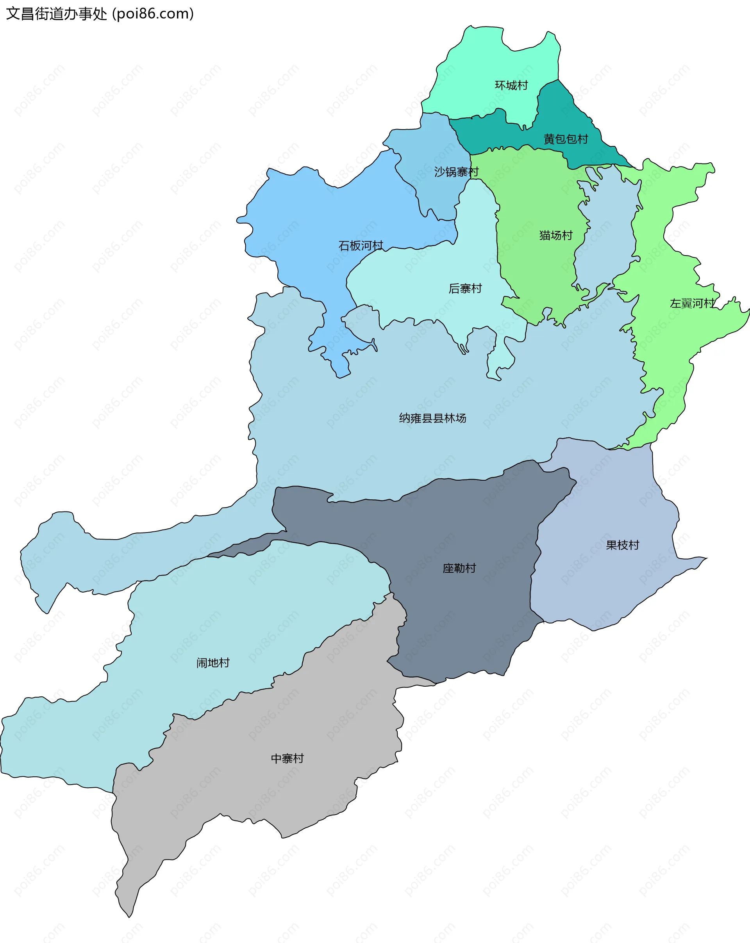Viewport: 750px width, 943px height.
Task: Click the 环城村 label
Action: (511, 85)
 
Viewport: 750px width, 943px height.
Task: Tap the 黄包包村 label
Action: (566, 139)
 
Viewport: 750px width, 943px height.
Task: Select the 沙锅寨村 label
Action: (456, 172)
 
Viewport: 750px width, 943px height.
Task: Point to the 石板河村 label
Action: (360, 246)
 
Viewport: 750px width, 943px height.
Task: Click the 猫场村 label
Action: (555, 235)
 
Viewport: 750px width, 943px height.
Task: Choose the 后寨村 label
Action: (465, 289)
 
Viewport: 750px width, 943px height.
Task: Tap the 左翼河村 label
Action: (692, 303)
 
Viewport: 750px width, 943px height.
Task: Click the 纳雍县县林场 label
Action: (432, 418)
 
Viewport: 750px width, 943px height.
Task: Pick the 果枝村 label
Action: (622, 545)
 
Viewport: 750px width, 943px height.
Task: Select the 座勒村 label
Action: (459, 568)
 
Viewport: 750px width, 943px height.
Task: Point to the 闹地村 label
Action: (213, 663)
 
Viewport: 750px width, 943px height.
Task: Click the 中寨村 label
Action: (287, 758)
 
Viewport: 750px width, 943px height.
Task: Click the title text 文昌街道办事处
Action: (56, 14)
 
